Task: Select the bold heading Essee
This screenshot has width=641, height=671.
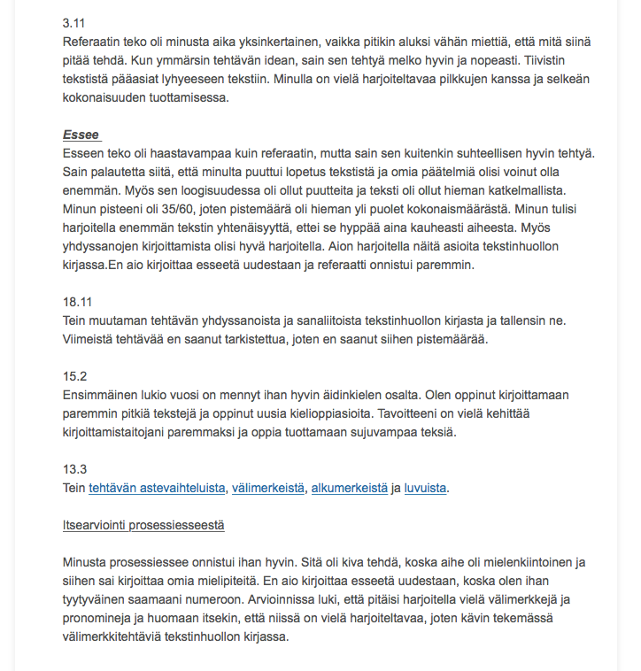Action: pyautogui.click(x=81, y=135)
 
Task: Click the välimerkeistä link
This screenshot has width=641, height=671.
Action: pyautogui.click(x=268, y=488)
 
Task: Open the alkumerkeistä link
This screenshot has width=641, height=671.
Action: pyautogui.click(x=349, y=488)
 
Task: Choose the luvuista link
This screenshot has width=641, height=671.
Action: pyautogui.click(x=426, y=488)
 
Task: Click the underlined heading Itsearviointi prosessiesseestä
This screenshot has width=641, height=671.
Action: pyautogui.click(x=143, y=525)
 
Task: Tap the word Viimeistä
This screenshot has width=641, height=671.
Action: pyautogui.click(x=90, y=339)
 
